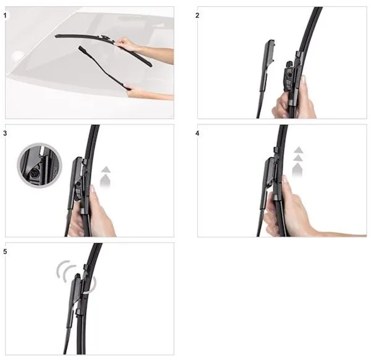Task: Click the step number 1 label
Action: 5,16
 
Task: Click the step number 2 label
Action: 197,15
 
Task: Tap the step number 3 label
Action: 5,133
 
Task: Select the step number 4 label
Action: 197,133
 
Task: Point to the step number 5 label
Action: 5,251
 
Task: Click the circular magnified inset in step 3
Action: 40,165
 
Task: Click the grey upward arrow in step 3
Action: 105,178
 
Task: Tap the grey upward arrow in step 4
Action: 298,162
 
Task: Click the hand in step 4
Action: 291,208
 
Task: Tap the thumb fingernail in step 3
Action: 92,189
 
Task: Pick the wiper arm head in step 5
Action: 77,291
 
